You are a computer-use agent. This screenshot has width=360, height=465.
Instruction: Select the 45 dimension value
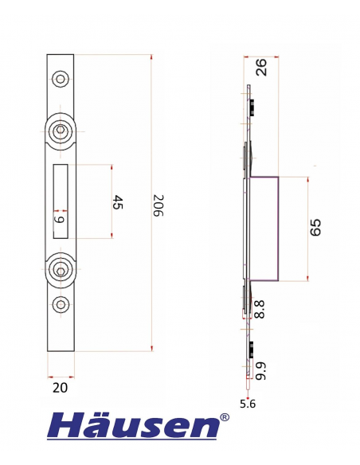(x=117, y=202)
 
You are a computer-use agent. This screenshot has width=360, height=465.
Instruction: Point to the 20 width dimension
(x=61, y=388)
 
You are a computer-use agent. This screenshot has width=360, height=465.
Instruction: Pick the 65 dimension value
(x=315, y=229)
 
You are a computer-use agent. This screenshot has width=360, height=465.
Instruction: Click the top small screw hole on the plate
(x=61, y=78)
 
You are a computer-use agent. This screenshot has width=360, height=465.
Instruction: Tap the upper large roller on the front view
(x=61, y=133)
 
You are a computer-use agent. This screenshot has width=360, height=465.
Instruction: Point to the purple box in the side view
(x=265, y=228)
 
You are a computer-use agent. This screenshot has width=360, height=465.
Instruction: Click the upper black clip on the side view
(x=250, y=107)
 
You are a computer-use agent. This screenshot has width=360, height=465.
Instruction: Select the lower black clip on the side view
(x=250, y=349)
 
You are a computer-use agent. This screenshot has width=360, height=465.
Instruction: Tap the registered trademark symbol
(x=225, y=416)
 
